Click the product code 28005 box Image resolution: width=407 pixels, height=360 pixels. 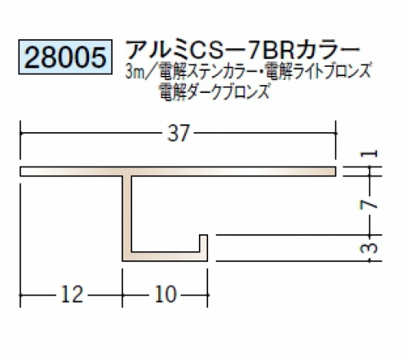[65, 57]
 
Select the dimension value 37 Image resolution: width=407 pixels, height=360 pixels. [178, 133]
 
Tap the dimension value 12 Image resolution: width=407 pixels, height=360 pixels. [72, 295]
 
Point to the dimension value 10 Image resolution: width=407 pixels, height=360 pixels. [166, 295]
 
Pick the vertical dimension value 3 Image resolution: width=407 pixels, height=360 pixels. [369, 248]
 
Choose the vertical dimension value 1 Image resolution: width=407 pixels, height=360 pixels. [369, 153]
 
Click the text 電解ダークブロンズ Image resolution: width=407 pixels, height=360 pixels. [215, 91]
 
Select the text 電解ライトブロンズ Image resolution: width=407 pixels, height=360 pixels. [318, 71]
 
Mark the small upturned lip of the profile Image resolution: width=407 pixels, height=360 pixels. [204, 243]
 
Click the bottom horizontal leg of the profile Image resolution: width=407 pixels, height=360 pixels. [165, 256]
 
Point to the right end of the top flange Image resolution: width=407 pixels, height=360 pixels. [336, 171]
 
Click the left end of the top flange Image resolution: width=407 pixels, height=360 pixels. [20, 171]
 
